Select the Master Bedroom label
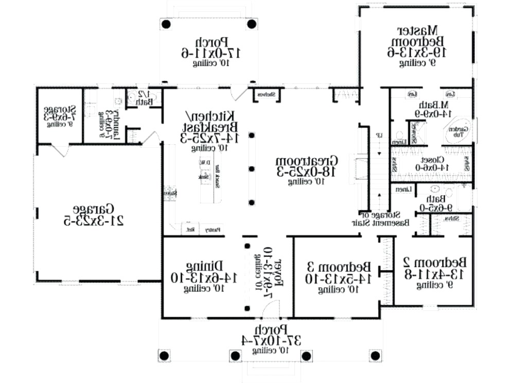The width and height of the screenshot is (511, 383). [417, 34]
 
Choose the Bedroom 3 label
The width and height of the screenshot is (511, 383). [339, 267]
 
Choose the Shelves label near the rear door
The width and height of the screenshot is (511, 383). [266, 94]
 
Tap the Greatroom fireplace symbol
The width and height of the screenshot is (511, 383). [356, 169]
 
